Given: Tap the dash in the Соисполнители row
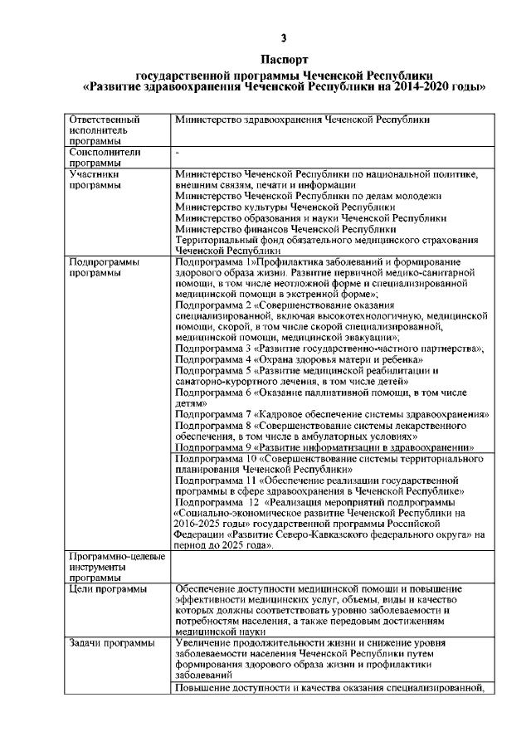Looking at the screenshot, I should point(178,154).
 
